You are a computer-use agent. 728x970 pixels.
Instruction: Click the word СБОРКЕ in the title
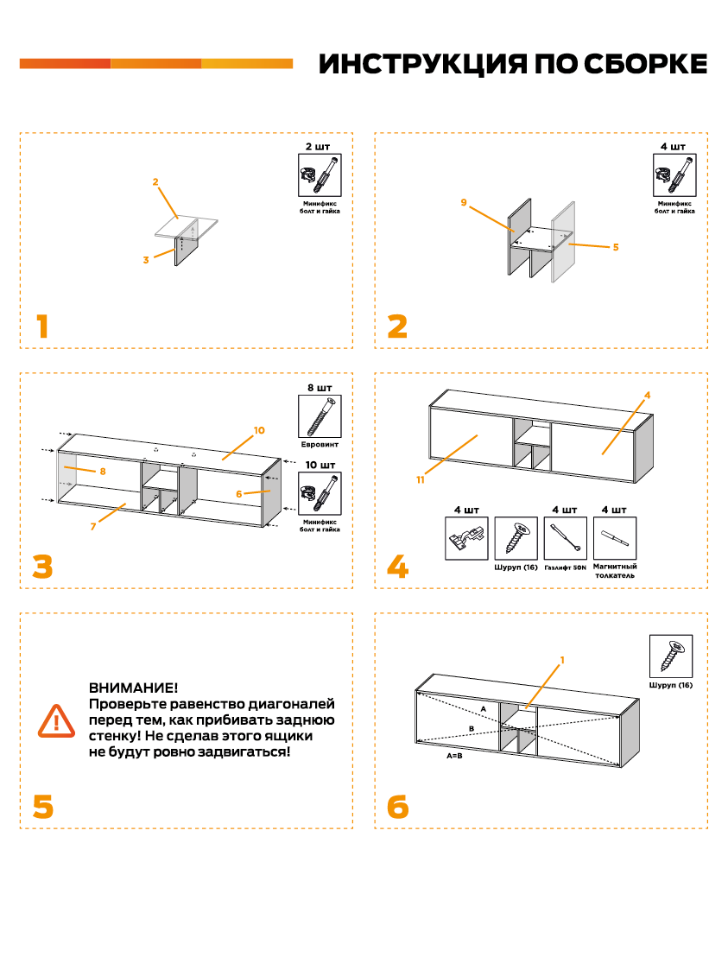point(645,64)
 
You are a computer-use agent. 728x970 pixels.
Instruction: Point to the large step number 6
point(397,807)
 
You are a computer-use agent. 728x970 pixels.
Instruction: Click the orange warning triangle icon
point(56,720)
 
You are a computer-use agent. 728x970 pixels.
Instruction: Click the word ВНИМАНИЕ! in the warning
point(133,688)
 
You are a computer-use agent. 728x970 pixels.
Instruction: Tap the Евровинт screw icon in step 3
point(319,417)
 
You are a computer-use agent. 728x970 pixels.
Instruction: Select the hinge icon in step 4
point(466,538)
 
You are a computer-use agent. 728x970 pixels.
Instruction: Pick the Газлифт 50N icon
point(566,538)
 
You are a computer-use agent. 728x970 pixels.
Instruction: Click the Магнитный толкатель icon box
point(615,538)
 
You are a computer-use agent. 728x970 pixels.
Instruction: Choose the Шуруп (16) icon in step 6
point(671,656)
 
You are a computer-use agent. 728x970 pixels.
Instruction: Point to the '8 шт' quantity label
point(319,387)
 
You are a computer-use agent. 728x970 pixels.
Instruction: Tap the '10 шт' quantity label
point(319,465)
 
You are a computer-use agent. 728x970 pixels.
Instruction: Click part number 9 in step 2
point(464,202)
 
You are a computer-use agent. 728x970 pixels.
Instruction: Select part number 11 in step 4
point(420,480)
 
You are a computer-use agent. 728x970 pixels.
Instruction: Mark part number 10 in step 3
point(259,429)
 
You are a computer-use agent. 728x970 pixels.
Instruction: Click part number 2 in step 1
point(155,182)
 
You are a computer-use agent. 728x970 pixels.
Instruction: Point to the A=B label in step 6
point(454,755)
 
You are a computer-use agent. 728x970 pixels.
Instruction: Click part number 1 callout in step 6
point(562,660)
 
